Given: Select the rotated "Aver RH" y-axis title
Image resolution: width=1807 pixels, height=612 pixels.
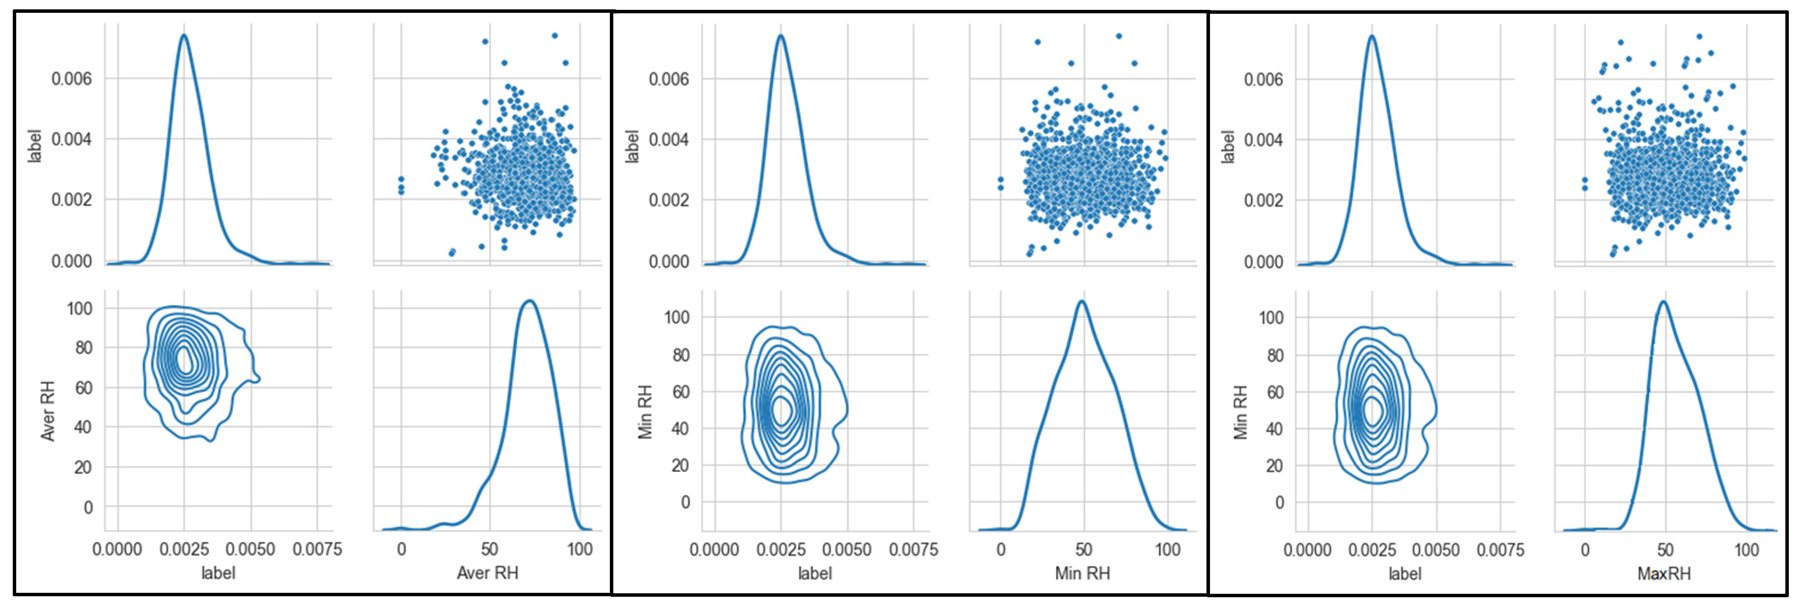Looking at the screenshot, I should (x=47, y=411).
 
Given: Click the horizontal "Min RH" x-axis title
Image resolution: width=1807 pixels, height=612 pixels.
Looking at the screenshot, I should (x=1082, y=574).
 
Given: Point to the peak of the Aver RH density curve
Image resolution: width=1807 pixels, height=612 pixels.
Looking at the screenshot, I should (x=529, y=301).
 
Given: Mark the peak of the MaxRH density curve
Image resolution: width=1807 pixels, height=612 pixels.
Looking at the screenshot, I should (x=1663, y=301).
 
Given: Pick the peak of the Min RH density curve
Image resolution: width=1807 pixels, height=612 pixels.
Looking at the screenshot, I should (x=1082, y=301).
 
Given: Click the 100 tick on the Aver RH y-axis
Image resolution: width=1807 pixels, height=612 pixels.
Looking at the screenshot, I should (x=79, y=308).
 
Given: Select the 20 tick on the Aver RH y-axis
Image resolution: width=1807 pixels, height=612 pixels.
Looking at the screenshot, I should (x=83, y=467).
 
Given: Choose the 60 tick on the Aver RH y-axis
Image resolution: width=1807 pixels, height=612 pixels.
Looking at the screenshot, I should (x=83, y=387).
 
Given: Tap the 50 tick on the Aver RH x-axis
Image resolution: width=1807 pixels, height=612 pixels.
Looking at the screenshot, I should (x=489, y=549).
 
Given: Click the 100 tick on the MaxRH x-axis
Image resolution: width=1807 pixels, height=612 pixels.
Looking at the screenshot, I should (x=1746, y=550).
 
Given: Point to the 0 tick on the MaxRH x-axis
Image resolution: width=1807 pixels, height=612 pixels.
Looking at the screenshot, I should (x=1585, y=550).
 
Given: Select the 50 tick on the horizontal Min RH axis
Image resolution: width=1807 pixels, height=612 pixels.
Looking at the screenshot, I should (x=1084, y=550).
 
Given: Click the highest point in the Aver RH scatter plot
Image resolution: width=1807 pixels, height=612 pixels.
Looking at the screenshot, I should (x=554, y=35).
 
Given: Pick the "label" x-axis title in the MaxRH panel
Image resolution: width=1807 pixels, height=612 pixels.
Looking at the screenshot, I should (x=1405, y=574).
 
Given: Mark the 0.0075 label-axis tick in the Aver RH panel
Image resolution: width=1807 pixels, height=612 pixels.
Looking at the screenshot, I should (x=317, y=549).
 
